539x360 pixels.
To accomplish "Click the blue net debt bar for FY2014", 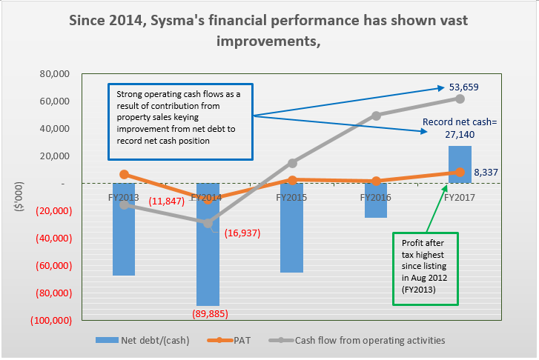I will [x=208, y=244].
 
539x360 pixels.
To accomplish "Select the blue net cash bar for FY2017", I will [x=460, y=159].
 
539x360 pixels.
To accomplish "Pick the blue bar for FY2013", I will [x=124, y=230].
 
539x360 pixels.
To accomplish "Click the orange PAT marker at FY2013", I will [x=124, y=174].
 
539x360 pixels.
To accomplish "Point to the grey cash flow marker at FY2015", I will [x=292, y=163].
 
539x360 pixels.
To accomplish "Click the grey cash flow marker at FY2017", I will [x=460, y=99].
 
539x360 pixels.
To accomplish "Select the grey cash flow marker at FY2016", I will [x=376, y=116].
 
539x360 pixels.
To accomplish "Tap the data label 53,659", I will [x=463, y=87].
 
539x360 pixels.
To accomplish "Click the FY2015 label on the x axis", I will [x=292, y=198].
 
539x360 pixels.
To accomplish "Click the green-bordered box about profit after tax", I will [x=426, y=268].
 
